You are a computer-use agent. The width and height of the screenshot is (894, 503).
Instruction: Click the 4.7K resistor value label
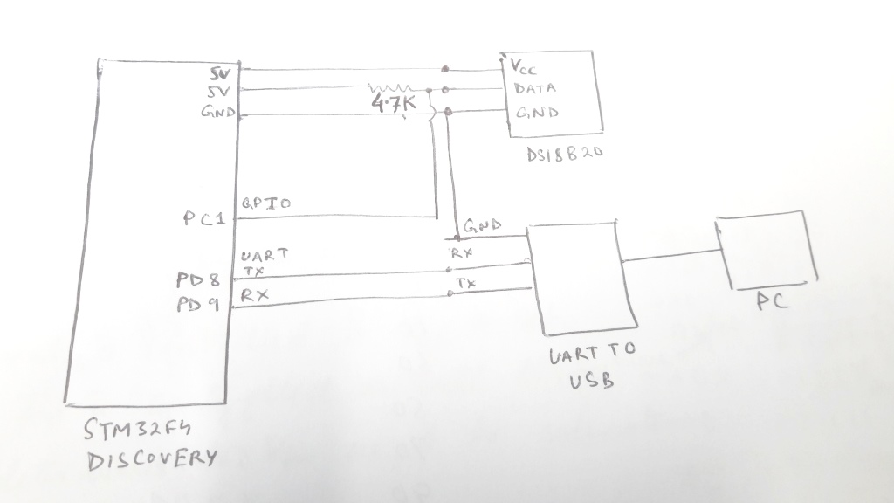click(x=394, y=105)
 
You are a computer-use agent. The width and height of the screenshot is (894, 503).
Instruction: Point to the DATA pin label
click(x=534, y=88)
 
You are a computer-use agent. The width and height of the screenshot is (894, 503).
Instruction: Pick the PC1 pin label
click(x=204, y=219)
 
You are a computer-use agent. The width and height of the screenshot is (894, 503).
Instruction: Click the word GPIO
click(x=265, y=203)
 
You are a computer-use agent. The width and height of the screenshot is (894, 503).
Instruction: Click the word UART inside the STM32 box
click(x=264, y=256)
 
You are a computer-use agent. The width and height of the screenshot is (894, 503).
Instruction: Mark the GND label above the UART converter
click(x=483, y=226)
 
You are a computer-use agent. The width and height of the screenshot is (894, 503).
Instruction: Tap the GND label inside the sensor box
click(x=537, y=113)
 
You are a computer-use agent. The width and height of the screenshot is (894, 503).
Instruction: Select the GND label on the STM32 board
click(x=217, y=112)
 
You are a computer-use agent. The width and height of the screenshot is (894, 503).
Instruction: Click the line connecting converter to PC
click(x=668, y=257)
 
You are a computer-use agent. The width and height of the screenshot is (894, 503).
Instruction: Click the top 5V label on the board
click(x=220, y=73)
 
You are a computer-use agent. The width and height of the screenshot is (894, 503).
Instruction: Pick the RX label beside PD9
click(x=255, y=296)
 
